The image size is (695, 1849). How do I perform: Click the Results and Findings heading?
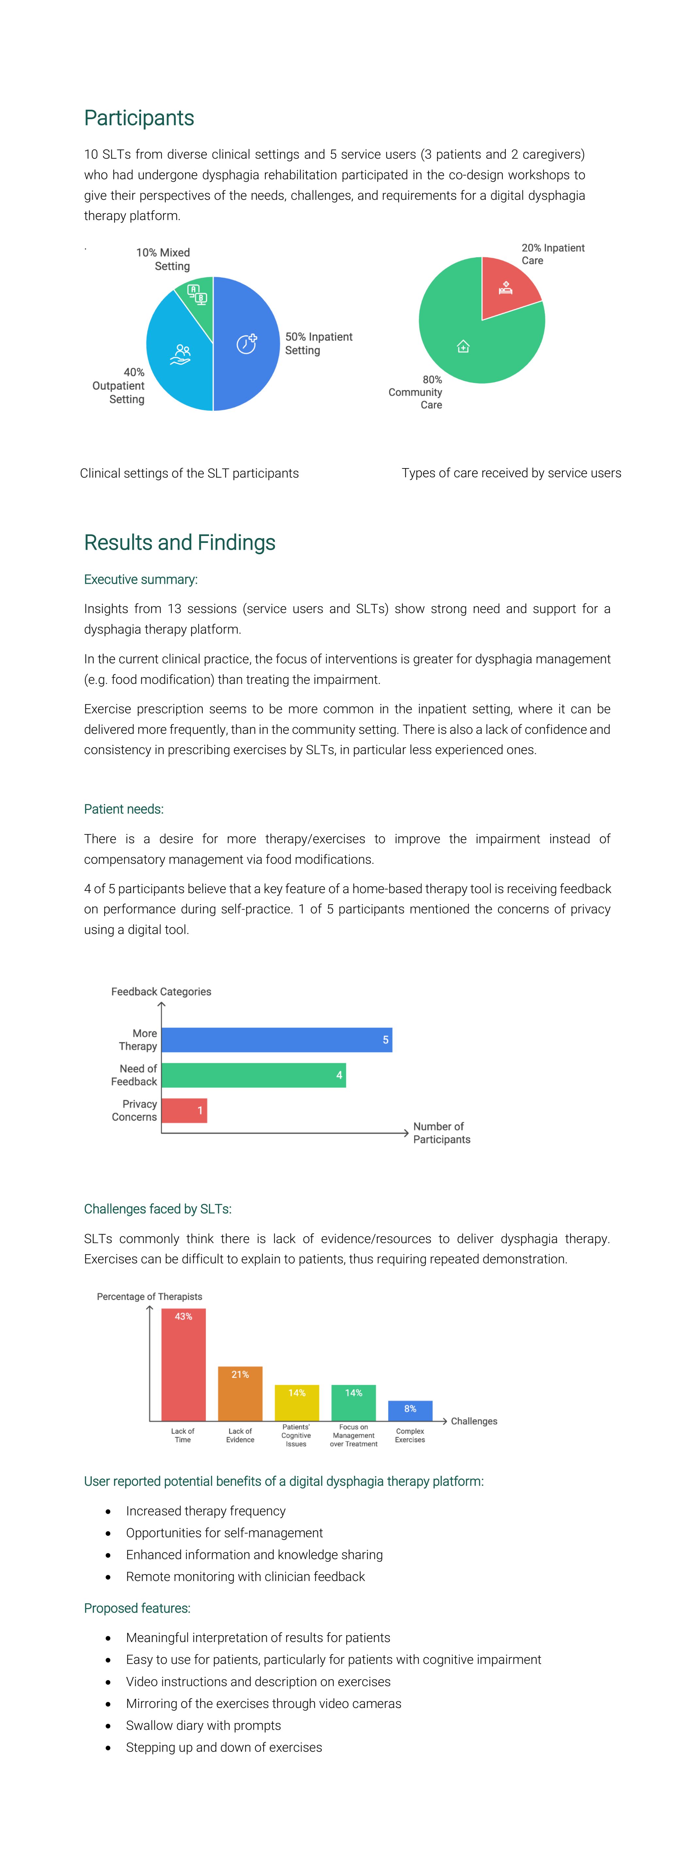(180, 543)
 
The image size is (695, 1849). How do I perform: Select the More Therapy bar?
(276, 1039)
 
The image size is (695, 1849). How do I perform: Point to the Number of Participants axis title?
(442, 1133)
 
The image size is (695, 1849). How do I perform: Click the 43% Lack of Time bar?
(183, 1364)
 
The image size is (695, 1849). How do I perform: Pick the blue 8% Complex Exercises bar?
(410, 1411)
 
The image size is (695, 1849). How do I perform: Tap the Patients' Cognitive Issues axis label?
(296, 1436)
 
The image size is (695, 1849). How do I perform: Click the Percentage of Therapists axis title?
(149, 1296)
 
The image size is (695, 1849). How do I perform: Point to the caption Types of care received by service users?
(511, 473)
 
